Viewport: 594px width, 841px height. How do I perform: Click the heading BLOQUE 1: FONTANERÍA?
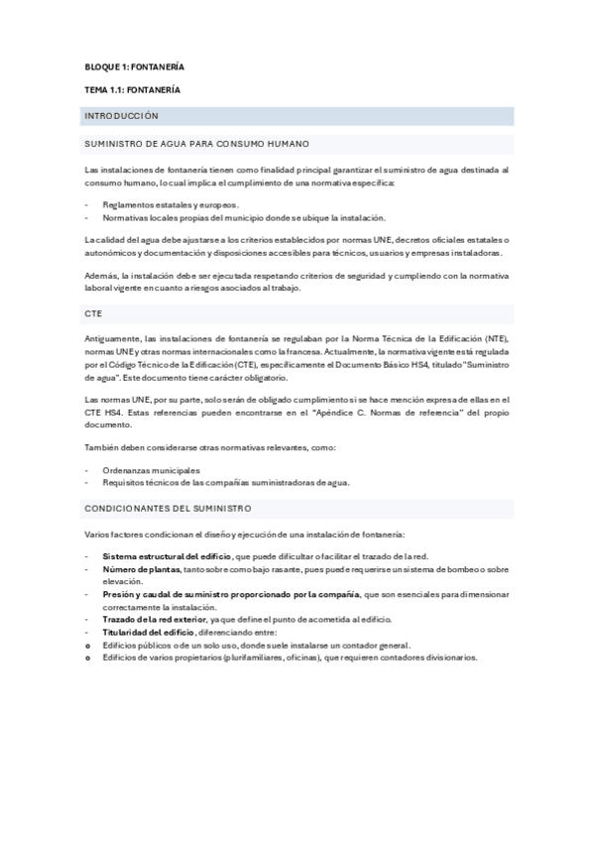coord(134,66)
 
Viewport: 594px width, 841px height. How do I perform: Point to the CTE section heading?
coord(94,311)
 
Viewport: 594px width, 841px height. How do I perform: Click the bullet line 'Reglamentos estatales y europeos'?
coord(170,204)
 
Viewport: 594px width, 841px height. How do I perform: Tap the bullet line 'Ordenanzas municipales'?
coord(151,470)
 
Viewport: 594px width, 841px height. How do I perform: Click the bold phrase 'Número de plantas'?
coord(142,569)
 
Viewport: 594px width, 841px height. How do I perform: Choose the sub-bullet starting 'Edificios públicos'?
coord(255,645)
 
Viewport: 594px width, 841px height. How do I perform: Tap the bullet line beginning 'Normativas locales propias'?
coord(244,217)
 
